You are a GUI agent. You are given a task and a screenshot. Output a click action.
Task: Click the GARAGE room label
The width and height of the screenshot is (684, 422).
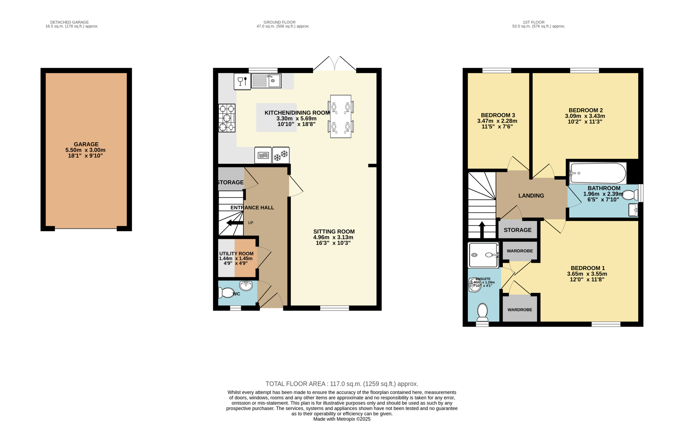tap(86, 144)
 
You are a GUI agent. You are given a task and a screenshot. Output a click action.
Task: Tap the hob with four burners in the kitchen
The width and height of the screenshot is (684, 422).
tap(227, 118)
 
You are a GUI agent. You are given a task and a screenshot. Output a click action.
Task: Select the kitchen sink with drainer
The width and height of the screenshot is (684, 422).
tap(266, 81)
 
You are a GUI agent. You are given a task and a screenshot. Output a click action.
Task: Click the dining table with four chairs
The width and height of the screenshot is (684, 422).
tap(340, 116)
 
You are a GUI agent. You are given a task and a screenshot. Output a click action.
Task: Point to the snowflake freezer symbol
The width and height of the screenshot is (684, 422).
tap(281, 155)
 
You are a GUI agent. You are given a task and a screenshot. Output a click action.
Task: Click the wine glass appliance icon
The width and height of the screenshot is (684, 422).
tap(242, 81)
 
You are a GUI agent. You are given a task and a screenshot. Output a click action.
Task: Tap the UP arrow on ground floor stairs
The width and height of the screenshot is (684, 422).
tap(234, 223)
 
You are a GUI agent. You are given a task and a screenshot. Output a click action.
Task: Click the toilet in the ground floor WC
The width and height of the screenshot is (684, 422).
tap(227, 292)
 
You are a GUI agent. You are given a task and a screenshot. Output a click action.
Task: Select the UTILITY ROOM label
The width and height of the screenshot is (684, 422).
tap(236, 254)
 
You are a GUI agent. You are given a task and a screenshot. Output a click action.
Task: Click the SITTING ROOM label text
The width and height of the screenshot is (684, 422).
tap(334, 232)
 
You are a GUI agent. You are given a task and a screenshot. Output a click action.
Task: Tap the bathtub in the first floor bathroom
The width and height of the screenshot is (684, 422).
tap(598, 173)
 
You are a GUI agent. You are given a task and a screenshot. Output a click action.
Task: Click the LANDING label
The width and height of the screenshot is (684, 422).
tap(531, 196)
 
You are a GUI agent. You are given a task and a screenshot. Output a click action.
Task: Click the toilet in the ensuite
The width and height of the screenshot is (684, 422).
tap(482, 312)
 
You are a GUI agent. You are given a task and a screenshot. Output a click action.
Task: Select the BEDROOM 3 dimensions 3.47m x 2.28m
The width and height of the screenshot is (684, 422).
tap(497, 121)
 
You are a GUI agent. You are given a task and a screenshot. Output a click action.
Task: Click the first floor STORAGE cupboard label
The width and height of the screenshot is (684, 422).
tap(517, 230)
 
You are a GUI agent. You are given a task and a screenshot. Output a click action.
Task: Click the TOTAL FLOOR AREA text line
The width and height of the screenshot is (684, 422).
tap(341, 384)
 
